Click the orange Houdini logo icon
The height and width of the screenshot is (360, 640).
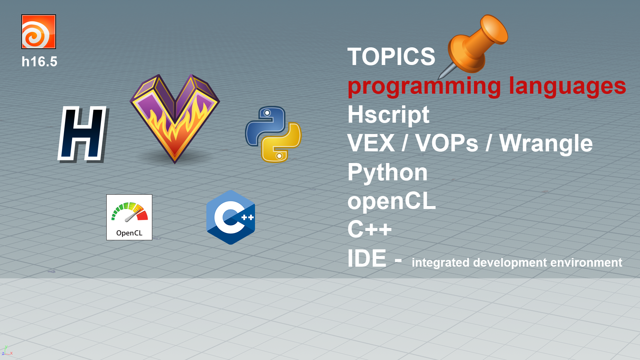click(x=39, y=32)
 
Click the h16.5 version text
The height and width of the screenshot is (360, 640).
click(x=39, y=62)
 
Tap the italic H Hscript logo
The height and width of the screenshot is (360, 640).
click(x=82, y=134)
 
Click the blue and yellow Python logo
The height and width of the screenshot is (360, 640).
click(x=273, y=134)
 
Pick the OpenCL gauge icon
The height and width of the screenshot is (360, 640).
click(x=129, y=217)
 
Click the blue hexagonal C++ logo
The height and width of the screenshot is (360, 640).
click(x=231, y=217)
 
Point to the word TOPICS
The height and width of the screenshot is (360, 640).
click(x=391, y=57)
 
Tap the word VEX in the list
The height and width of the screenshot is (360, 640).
click(x=371, y=143)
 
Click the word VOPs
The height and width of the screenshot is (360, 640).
click(x=447, y=143)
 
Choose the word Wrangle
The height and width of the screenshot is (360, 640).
click(x=546, y=143)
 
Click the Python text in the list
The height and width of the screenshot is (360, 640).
click(x=387, y=173)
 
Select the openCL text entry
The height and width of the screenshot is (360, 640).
click(x=391, y=201)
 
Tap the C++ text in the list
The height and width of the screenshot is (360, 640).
click(x=369, y=229)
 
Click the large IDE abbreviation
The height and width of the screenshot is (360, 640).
click(x=367, y=258)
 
